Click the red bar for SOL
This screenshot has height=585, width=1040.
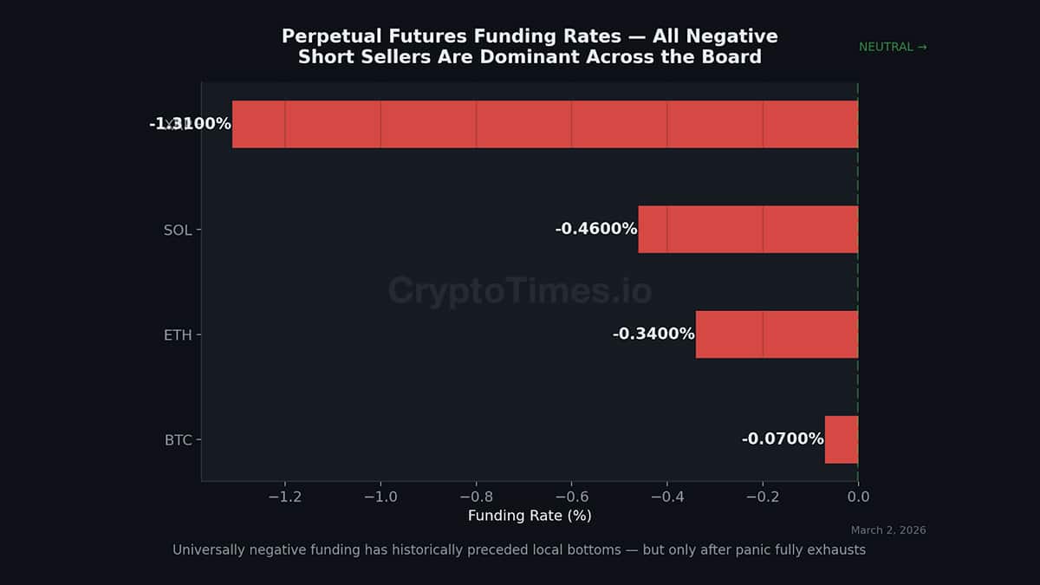(748, 229)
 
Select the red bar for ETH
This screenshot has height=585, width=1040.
(777, 334)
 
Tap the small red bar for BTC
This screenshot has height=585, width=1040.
(841, 439)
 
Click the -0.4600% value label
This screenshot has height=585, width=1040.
(596, 229)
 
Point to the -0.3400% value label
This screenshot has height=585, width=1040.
(653, 334)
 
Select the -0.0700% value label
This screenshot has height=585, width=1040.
(783, 439)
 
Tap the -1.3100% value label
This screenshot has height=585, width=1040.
(190, 124)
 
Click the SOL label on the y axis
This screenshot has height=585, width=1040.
(178, 230)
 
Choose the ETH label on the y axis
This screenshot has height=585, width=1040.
(178, 335)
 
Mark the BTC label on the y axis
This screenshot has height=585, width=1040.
(178, 440)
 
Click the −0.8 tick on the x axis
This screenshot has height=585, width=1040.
(475, 497)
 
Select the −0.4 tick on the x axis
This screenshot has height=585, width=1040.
(666, 497)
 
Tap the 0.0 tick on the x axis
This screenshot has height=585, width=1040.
(858, 497)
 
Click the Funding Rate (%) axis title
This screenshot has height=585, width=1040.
(530, 516)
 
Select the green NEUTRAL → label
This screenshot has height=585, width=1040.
(892, 47)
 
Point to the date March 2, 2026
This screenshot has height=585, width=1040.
(888, 530)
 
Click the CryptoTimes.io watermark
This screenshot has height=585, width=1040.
(519, 290)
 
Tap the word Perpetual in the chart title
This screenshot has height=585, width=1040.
(323, 36)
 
